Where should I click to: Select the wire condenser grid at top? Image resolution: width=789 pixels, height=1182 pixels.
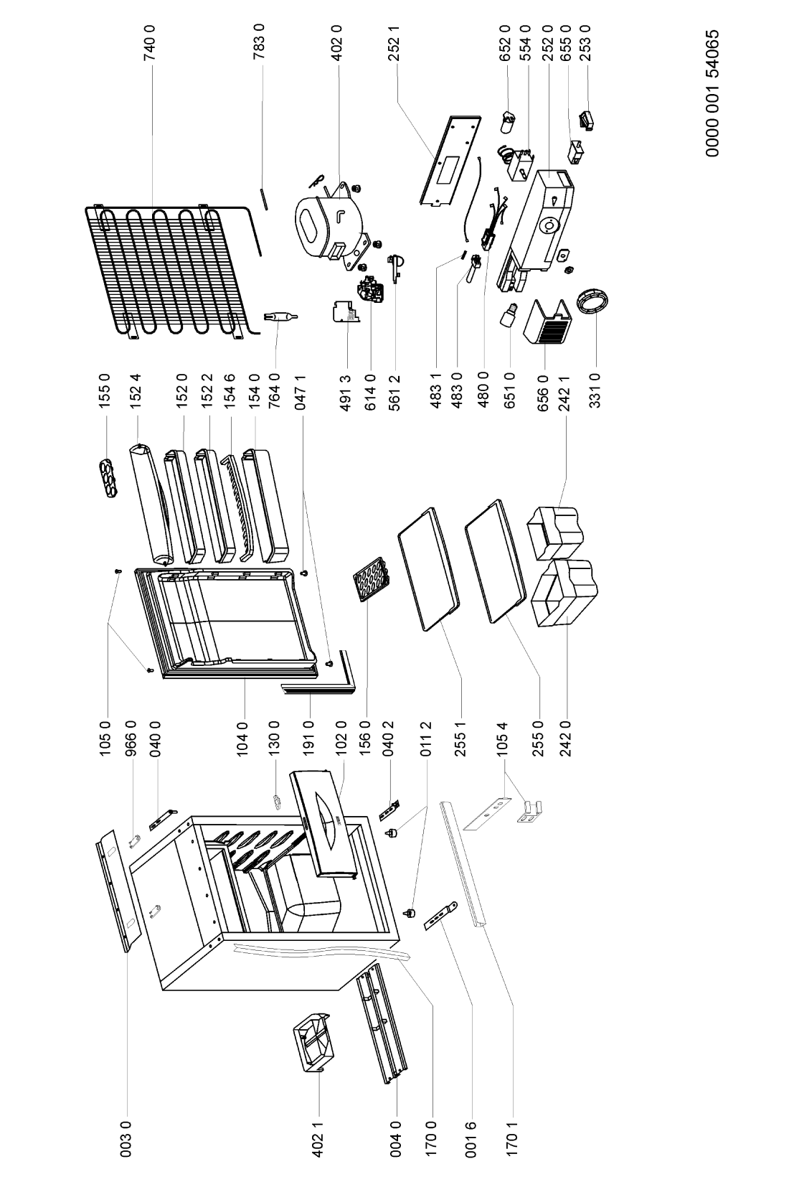(172, 271)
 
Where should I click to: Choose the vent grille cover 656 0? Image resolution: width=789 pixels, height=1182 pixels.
(547, 324)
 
